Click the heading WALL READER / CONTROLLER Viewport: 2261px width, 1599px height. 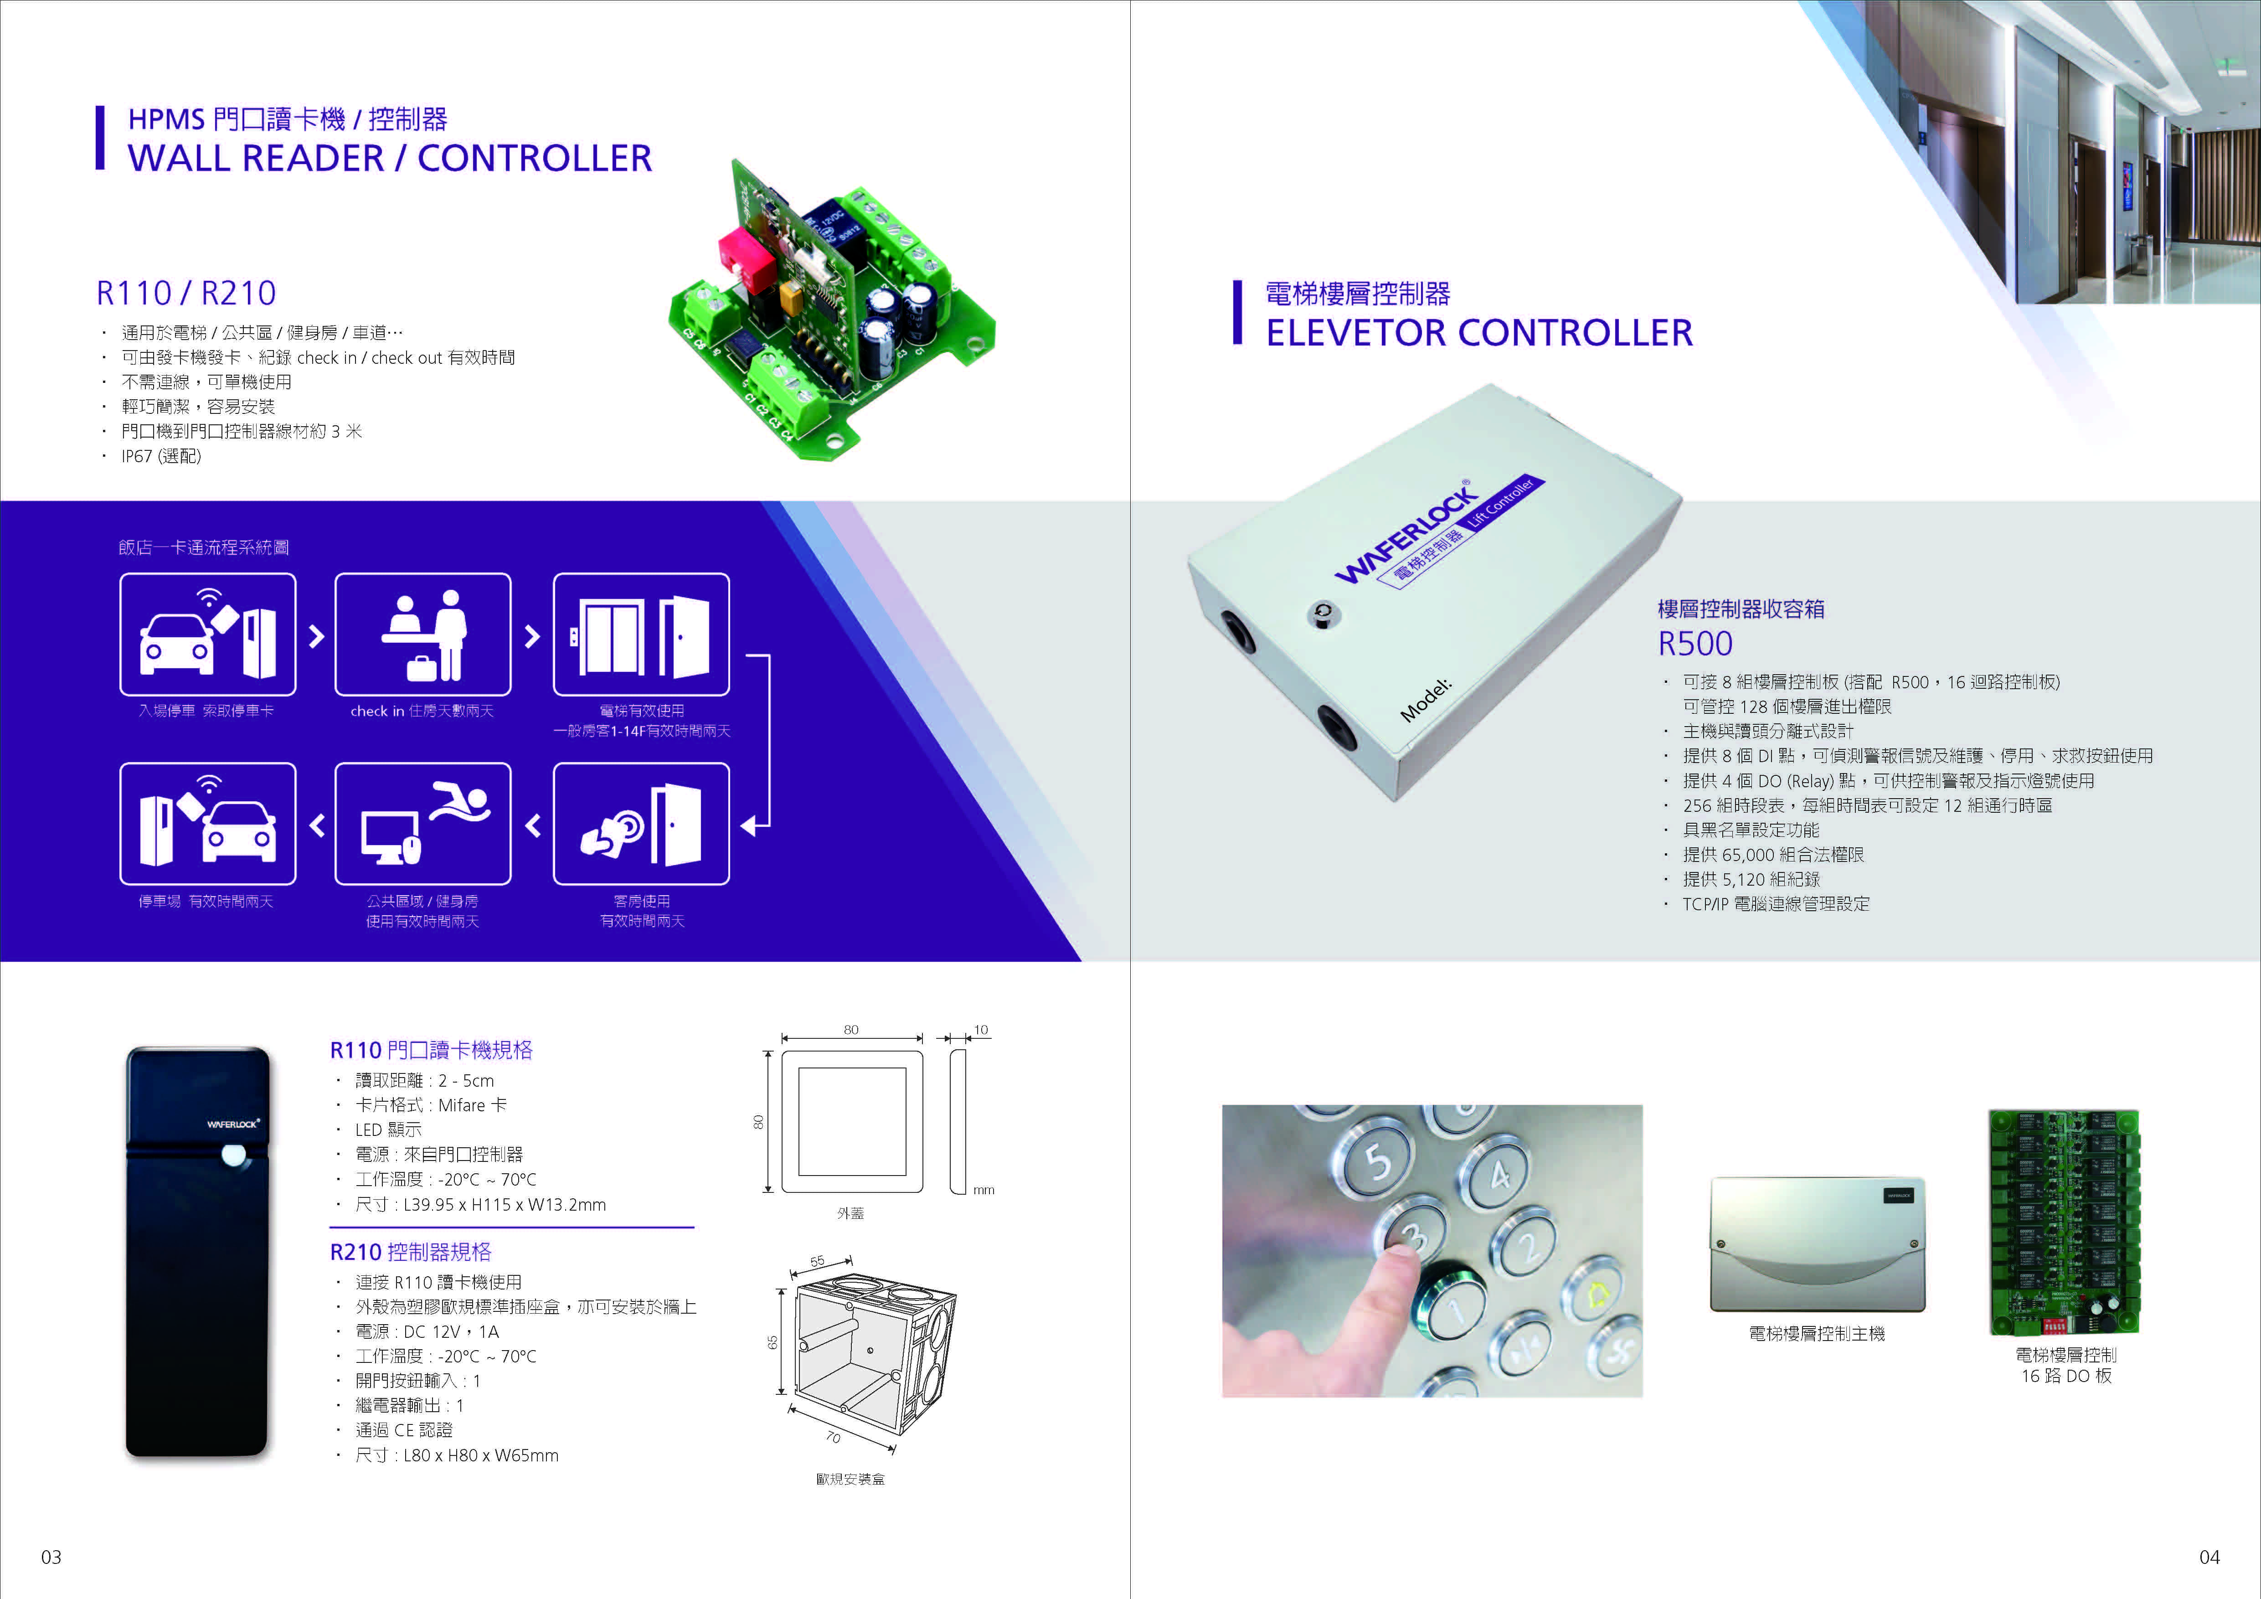(390, 158)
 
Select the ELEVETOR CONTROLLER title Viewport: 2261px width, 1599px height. (1479, 333)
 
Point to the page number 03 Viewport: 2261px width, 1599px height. (51, 1557)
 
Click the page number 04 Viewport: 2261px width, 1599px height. (2210, 1557)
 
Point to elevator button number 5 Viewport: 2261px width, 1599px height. (1379, 1162)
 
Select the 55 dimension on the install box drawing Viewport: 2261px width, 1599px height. (817, 1261)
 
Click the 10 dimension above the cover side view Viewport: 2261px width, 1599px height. (981, 1030)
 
